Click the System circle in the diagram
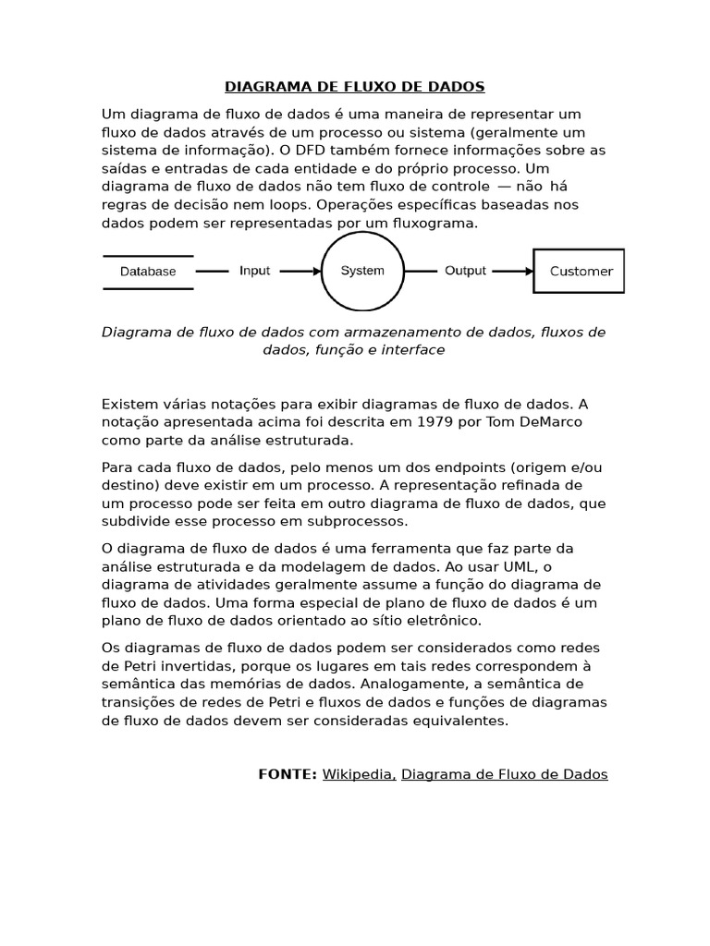click(x=362, y=271)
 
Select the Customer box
click(x=580, y=271)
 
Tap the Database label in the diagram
click(x=148, y=272)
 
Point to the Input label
click(x=255, y=271)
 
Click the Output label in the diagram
click(x=465, y=271)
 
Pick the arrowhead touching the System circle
click(x=315, y=272)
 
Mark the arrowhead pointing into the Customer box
click(x=529, y=272)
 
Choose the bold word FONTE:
click(x=288, y=774)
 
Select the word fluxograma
click(x=434, y=223)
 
